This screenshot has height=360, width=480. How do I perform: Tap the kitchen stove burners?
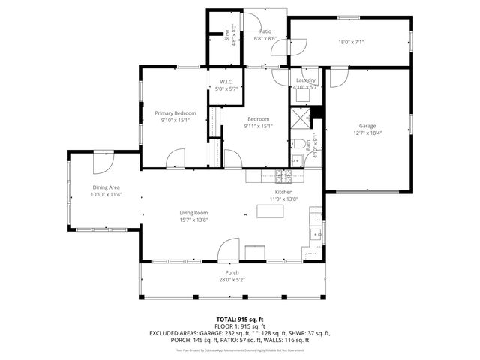tap(283, 177)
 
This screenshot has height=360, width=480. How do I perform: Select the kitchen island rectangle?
tap(271, 211)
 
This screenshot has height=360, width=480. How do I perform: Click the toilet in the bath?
tap(298, 143)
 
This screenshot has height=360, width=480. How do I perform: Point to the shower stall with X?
tap(301, 118)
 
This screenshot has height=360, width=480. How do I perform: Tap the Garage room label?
tap(367, 126)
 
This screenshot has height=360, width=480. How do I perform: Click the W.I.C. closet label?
tap(227, 82)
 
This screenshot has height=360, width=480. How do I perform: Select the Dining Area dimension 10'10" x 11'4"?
tap(106, 194)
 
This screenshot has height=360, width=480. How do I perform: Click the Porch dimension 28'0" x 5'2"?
tap(232, 280)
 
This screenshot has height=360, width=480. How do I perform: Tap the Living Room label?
tap(193, 213)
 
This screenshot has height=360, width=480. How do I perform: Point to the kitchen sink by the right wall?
tap(316, 235)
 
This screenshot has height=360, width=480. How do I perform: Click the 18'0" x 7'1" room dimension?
tap(351, 42)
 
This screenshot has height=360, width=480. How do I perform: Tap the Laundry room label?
tap(305, 79)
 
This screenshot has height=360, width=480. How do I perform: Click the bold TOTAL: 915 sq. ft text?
tap(239, 320)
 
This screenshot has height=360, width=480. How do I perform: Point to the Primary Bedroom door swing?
tap(175, 159)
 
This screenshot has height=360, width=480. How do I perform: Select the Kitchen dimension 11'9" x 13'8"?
tap(284, 199)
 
